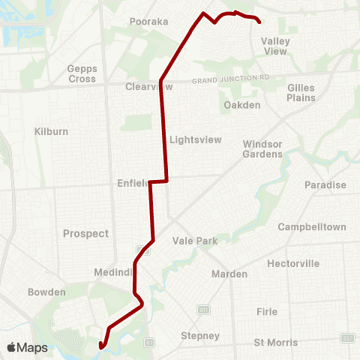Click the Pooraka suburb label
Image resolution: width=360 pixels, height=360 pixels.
[x=148, y=22]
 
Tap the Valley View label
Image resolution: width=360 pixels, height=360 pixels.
[x=274, y=46]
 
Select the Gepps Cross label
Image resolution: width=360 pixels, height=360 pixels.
[x=81, y=73]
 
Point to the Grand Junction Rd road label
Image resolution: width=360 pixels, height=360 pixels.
[x=230, y=79]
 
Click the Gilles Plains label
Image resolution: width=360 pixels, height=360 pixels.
[x=301, y=92]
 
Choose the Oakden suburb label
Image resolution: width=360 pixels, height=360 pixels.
[x=242, y=105]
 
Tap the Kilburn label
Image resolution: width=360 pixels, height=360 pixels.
[x=51, y=131]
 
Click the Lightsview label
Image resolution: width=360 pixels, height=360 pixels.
[x=194, y=139]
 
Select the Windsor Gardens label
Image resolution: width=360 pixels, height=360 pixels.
[x=262, y=148]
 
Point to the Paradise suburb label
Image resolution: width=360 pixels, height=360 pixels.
[x=325, y=185]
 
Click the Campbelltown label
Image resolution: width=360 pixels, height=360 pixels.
[x=312, y=226]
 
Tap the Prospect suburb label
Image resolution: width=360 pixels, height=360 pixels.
[x=86, y=233]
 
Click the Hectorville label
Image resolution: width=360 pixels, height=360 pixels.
[x=293, y=263]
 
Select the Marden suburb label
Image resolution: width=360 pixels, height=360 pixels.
[x=229, y=274]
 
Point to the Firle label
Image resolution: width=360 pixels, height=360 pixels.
[x=266, y=311]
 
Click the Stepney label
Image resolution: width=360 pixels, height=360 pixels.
[x=200, y=335]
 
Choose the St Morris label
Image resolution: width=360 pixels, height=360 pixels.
[x=275, y=343]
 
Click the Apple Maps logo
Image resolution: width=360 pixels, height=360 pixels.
[x=27, y=347]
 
